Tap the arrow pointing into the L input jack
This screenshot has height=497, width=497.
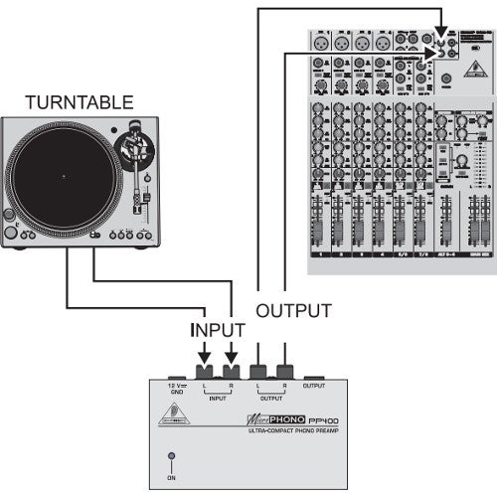click(x=204, y=352)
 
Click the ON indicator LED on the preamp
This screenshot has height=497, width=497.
click(x=170, y=458)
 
